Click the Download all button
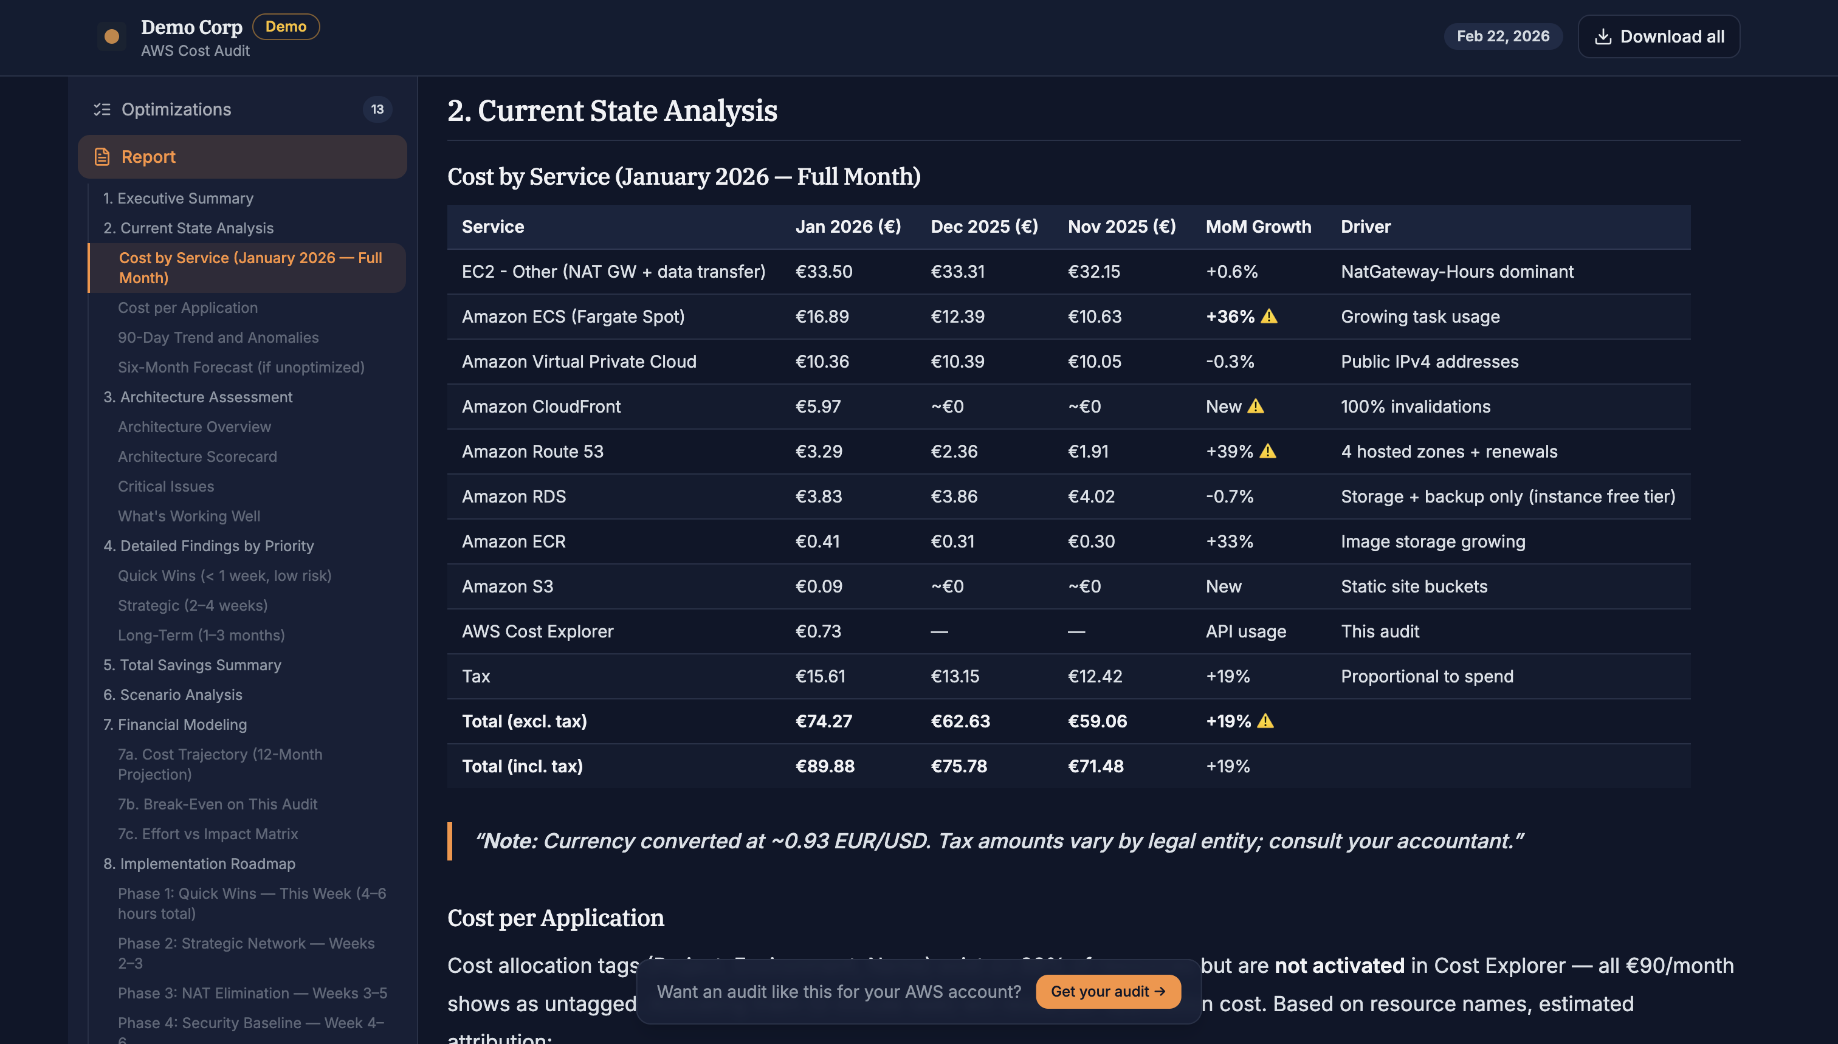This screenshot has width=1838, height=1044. pos(1658,36)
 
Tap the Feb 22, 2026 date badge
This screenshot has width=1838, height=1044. pos(1502,36)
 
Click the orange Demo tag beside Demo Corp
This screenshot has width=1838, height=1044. pos(286,27)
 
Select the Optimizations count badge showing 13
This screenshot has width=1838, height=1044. pos(377,110)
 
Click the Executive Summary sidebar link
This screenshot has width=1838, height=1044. pos(178,199)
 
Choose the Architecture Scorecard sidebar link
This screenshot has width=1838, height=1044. pos(197,457)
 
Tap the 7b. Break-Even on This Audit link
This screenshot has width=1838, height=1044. pos(217,805)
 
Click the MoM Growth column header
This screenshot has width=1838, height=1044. pos(1258,227)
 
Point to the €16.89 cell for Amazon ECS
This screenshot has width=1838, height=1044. pos(822,317)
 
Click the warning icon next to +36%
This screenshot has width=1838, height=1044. pos(1268,316)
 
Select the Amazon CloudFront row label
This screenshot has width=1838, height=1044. pos(541,407)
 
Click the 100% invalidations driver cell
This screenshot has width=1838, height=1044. pos(1415,407)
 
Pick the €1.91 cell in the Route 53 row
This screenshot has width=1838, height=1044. pos(1087,452)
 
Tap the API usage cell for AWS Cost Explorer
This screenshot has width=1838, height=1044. pos(1245,632)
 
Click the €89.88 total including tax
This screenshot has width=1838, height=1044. pos(825,766)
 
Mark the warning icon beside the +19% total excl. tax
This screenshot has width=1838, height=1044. pos(1265,721)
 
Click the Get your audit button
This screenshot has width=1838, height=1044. pos(1107,992)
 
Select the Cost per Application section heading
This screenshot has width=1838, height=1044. pos(555,919)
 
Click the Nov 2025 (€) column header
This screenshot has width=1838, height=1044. pos(1121,227)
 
